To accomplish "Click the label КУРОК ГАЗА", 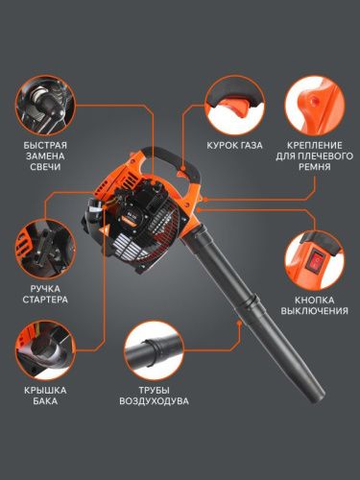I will (233, 146).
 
